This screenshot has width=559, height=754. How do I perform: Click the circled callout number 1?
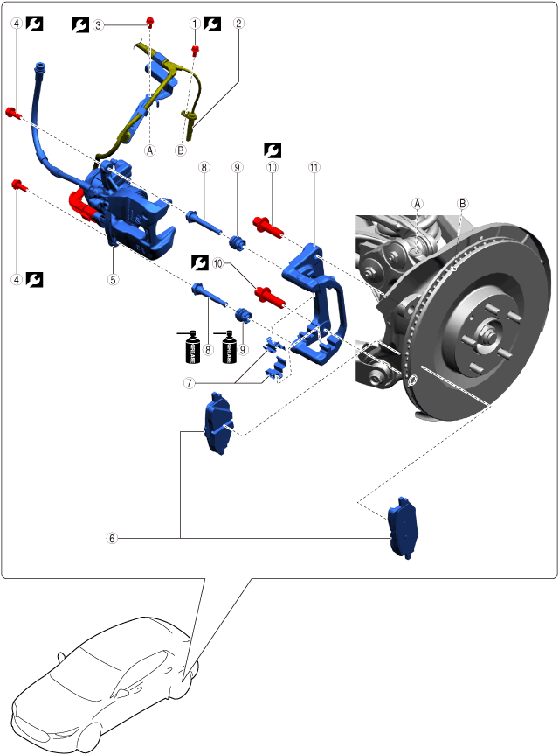(195, 24)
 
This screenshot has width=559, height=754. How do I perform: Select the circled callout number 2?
(238, 24)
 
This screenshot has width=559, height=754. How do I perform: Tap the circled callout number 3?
(99, 25)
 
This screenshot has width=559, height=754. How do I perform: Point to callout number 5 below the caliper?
(113, 281)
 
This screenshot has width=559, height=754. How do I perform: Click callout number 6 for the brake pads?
(111, 539)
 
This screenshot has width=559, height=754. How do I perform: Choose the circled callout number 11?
(314, 166)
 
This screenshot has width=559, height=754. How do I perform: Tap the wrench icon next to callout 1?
(211, 24)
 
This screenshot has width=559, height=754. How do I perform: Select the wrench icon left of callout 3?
(80, 25)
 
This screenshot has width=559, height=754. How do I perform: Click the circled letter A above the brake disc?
(418, 203)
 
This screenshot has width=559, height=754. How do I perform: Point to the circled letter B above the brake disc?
(463, 203)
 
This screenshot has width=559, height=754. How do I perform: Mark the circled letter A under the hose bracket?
(149, 150)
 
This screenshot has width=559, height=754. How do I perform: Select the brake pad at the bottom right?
(404, 527)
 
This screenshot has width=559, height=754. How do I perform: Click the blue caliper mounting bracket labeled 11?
(318, 302)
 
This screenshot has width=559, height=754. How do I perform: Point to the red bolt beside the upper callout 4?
(13, 112)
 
